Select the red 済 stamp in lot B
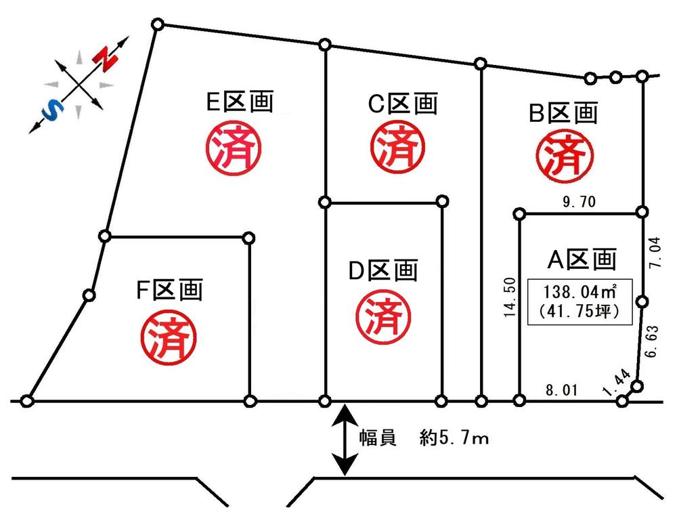[x=561, y=156]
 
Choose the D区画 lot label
[x=383, y=271]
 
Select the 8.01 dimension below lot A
[x=562, y=390]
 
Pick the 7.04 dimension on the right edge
[x=654, y=252]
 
